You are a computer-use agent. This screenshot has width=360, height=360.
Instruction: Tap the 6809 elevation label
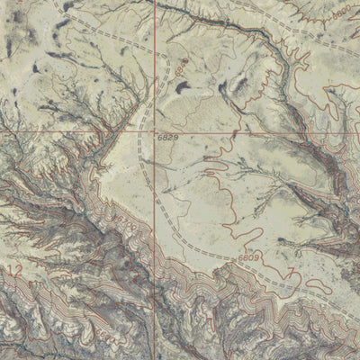click(x=250, y=258)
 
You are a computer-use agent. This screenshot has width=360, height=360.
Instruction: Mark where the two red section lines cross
click(x=154, y=131)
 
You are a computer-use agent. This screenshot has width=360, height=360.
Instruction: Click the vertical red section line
click(x=154, y=54)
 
